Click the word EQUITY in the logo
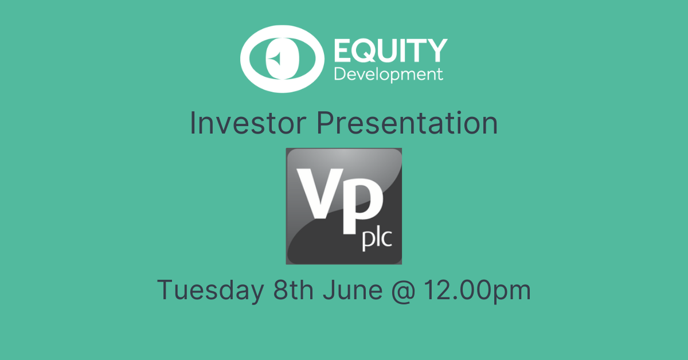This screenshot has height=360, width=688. [390, 50]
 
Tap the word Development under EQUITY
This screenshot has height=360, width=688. [389, 75]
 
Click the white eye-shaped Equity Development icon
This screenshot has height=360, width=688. [282, 59]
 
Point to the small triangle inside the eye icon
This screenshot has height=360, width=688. [275, 58]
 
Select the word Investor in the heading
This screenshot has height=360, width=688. [248, 123]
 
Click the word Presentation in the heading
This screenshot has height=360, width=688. [407, 123]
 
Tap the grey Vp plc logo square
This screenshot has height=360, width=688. [343, 206]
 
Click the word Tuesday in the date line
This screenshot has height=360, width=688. [211, 290]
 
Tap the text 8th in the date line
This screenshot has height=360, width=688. [294, 289]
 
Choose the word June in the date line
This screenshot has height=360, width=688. [353, 289]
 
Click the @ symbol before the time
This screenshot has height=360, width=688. [403, 291]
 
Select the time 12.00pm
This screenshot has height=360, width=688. [478, 291]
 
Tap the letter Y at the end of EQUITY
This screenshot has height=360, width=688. [437, 50]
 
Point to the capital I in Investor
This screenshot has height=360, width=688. [193, 123]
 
